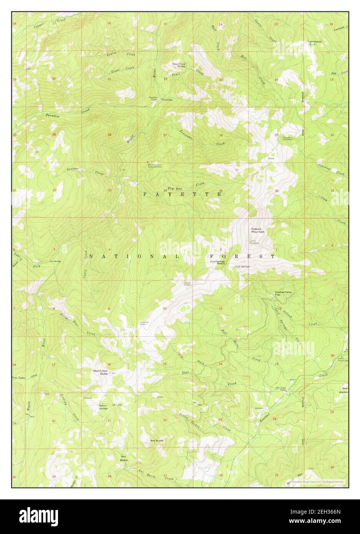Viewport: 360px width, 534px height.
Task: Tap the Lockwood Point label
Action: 314,43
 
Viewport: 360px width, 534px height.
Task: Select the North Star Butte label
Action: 101,372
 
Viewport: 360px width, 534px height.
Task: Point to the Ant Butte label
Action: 157,440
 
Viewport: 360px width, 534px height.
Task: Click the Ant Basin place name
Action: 123,458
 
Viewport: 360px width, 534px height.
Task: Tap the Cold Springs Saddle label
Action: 217,263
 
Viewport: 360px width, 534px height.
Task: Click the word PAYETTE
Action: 182,194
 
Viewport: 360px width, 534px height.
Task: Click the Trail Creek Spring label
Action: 179,65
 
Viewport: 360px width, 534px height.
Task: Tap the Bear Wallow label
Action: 343,390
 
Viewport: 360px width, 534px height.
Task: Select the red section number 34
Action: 165,191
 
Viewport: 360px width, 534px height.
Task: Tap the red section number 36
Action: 276,191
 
